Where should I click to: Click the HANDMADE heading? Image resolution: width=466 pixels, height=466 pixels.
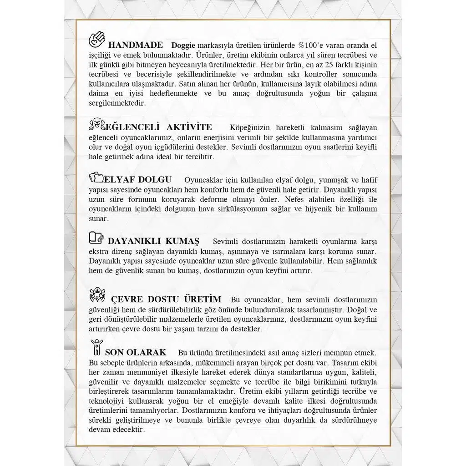coord(135,45)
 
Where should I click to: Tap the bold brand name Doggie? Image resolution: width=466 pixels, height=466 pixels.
coord(183,46)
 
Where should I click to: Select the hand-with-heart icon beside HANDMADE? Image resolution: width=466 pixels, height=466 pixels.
coord(97,40)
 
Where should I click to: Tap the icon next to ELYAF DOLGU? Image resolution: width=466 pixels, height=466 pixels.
coord(96,177)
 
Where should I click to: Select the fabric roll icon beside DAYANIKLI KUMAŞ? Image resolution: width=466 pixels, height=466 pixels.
coord(96,238)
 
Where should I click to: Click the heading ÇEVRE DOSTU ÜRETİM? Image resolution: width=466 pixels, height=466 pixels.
coord(166,299)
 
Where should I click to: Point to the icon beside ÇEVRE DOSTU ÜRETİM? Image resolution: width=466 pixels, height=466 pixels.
coord(97,295)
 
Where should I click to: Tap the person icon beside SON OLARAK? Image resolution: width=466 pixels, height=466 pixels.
coord(96,348)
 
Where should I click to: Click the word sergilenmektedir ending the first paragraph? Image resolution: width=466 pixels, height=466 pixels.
coord(117,103)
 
